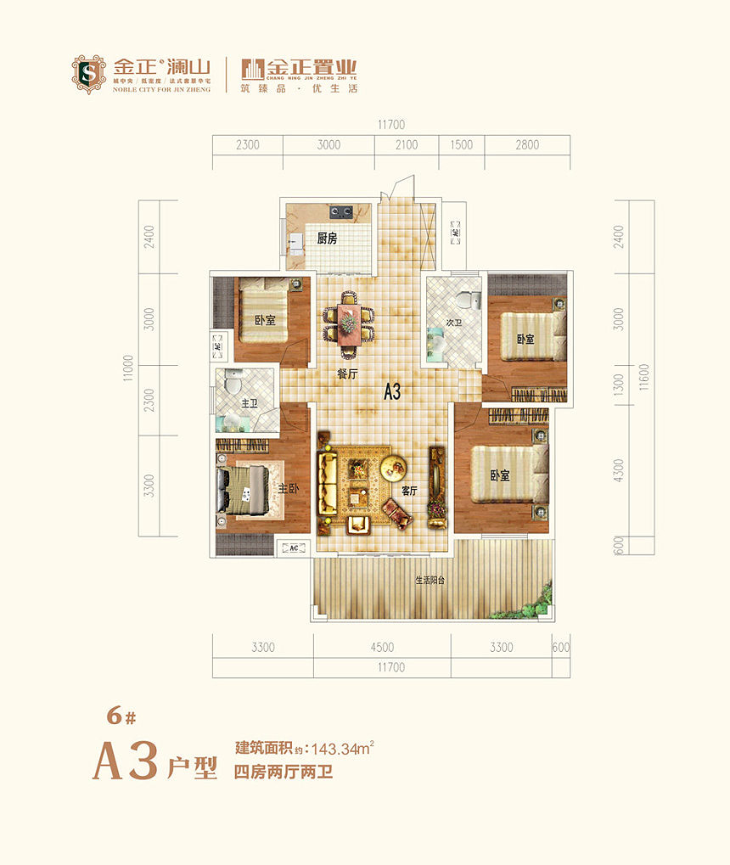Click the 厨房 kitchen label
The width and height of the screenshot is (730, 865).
pos(327,239)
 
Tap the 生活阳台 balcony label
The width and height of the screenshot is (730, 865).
pos(430,581)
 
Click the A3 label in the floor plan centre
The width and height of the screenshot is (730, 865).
pos(392,392)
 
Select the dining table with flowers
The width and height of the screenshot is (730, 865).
pos(348,323)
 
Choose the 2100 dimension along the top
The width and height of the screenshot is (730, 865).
pos(407,145)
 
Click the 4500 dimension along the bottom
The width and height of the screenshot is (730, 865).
pos(382,647)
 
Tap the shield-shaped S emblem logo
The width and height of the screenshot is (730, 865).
pos(88,74)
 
